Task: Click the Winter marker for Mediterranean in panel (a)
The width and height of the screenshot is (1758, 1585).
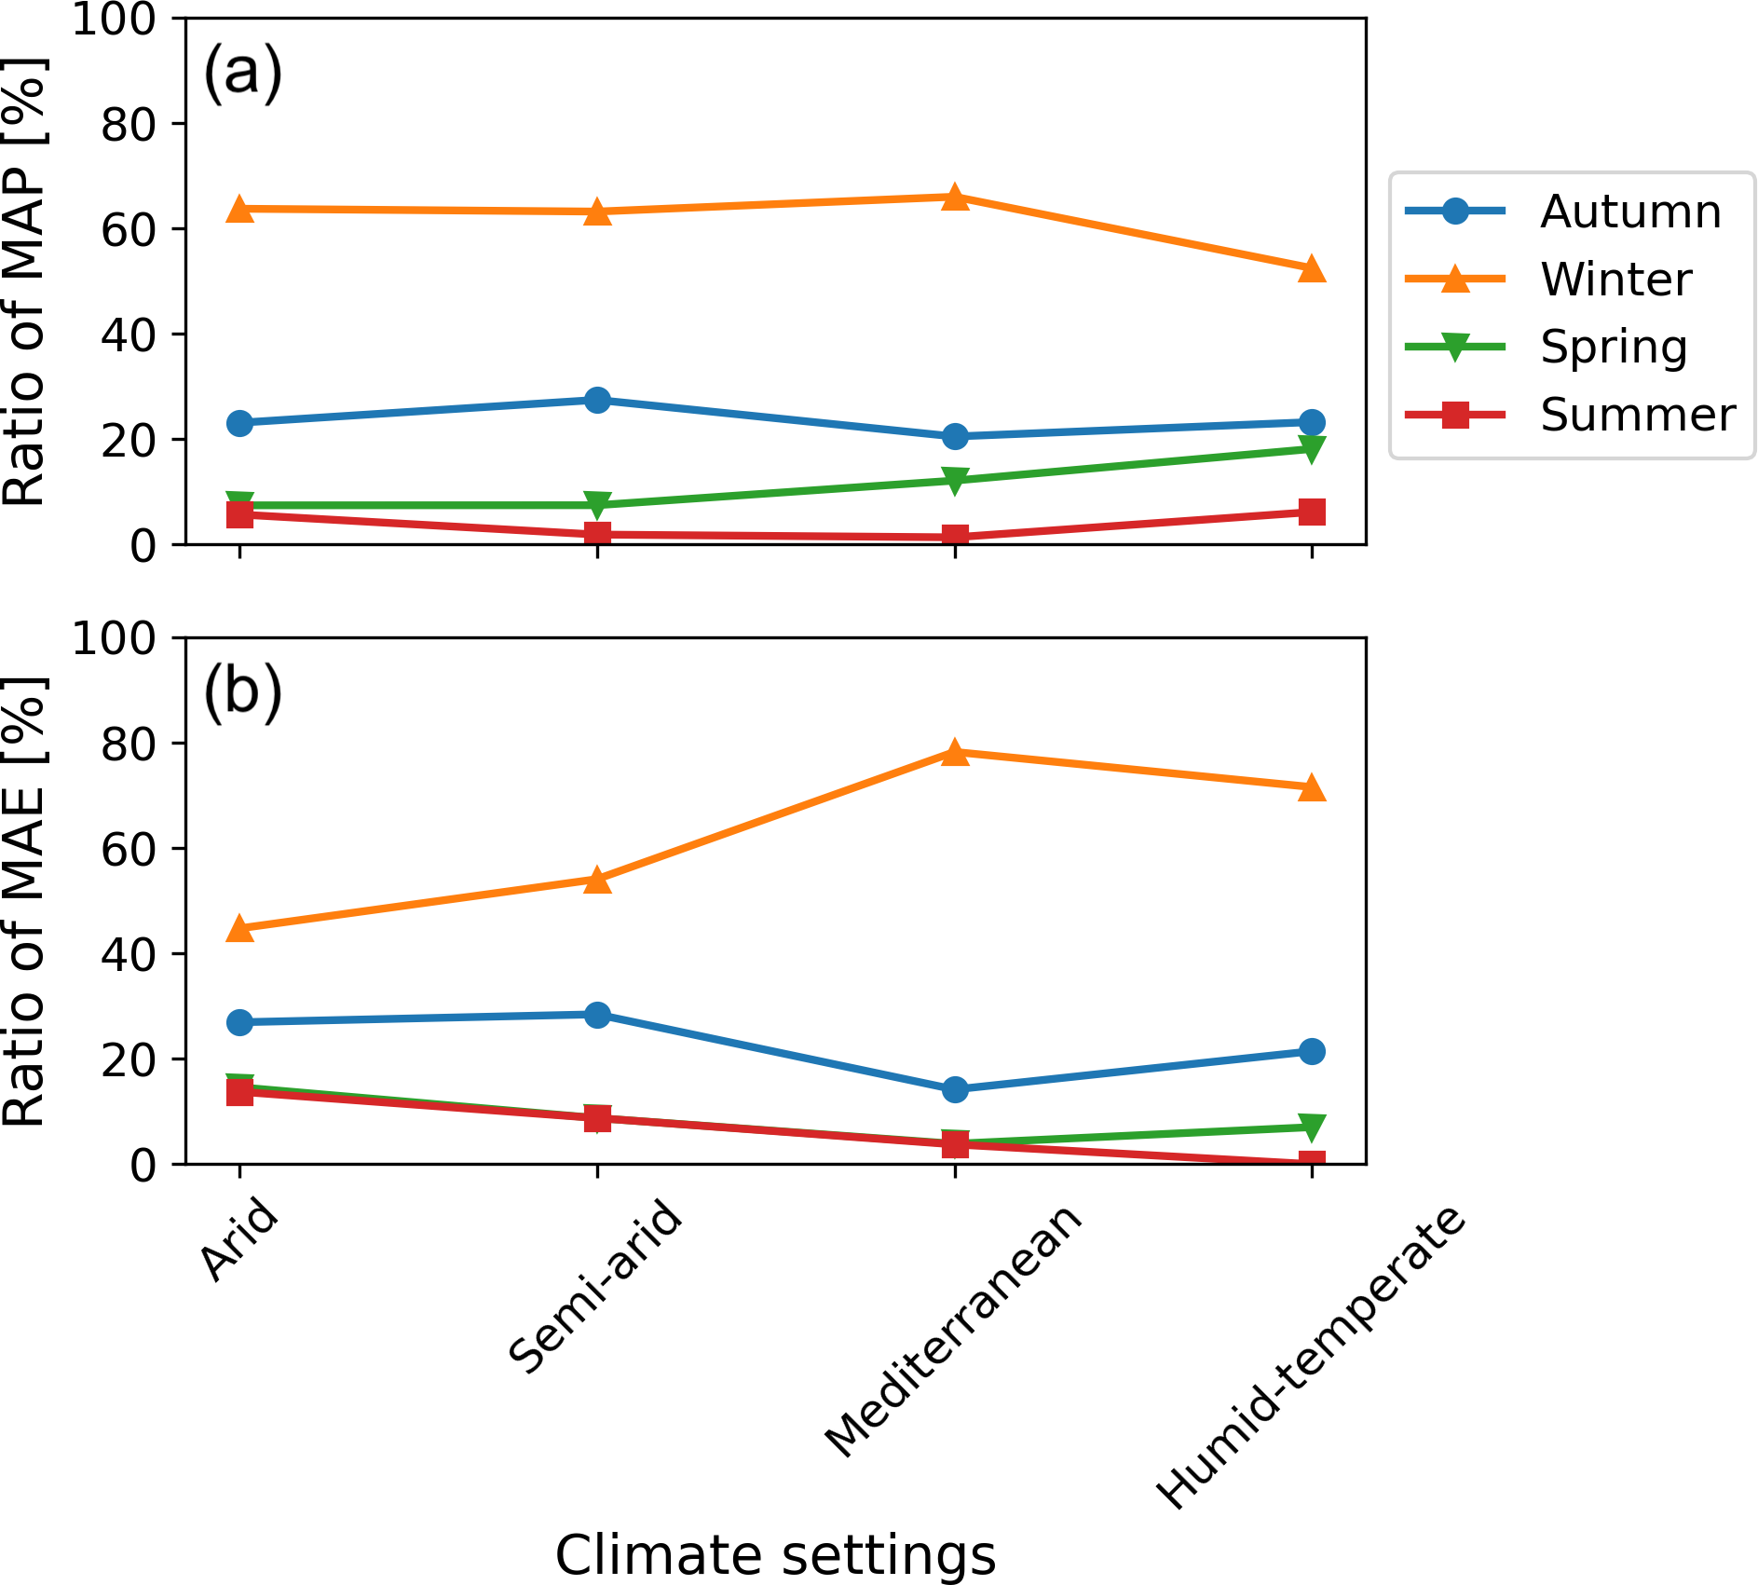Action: pos(955,197)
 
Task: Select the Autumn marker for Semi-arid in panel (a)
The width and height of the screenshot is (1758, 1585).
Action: pos(597,400)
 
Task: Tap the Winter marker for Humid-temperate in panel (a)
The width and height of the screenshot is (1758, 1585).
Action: pos(1312,269)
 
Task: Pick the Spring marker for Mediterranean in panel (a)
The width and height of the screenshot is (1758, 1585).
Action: pos(955,481)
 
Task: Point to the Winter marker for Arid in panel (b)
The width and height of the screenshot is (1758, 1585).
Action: pos(240,928)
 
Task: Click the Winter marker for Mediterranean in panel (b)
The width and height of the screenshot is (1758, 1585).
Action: pos(955,752)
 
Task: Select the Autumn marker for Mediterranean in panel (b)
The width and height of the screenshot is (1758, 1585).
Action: pos(955,1089)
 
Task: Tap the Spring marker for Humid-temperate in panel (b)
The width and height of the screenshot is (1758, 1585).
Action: pos(1312,1127)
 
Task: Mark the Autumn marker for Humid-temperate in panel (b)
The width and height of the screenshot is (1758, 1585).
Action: pos(1312,1051)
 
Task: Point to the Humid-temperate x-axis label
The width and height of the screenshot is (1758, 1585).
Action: pos(1312,1357)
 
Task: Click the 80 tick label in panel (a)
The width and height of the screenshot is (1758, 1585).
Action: pos(129,124)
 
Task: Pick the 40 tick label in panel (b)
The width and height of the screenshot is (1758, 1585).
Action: pos(129,954)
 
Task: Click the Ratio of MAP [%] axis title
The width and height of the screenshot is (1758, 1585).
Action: pos(24,281)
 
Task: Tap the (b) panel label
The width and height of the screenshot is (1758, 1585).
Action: pos(242,691)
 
